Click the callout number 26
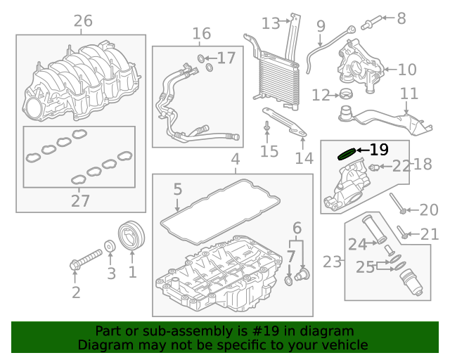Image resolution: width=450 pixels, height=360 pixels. (x=83, y=21)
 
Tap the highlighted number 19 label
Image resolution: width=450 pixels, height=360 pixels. (x=378, y=150)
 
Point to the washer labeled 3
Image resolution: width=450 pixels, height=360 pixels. (x=110, y=246)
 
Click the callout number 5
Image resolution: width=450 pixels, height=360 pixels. (x=177, y=189)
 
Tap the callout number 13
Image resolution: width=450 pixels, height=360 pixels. (x=271, y=23)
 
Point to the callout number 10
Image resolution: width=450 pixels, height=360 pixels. (x=408, y=70)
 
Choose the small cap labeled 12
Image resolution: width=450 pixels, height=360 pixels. (x=345, y=94)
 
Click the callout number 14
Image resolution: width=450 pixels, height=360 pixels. (x=304, y=159)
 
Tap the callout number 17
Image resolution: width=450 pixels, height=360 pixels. (x=226, y=58)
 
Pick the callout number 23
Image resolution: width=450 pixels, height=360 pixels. (x=332, y=262)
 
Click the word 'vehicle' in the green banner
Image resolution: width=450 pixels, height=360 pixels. (x=344, y=345)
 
